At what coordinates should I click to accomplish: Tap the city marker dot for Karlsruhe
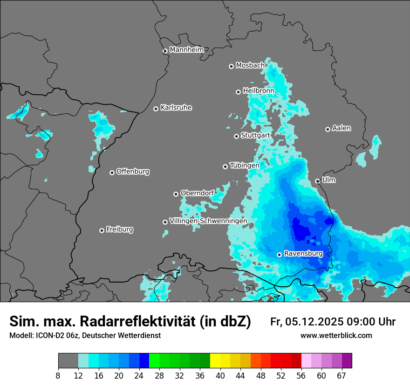[x=156, y=109]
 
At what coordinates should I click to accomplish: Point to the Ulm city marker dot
[x=318, y=181]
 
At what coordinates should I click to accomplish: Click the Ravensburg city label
[x=303, y=254]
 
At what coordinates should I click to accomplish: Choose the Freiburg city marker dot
[x=102, y=230]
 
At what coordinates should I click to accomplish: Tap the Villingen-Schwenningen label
[x=208, y=221]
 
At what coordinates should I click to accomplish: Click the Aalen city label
[x=342, y=128]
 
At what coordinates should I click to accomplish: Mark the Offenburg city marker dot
[x=112, y=173]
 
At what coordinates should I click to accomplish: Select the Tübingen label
[x=245, y=166]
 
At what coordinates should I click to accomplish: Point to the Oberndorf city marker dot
[x=176, y=194]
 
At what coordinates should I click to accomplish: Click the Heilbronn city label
[x=259, y=90]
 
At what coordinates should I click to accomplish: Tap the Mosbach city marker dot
[x=231, y=66]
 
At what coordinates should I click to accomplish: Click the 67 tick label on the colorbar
[x=342, y=375]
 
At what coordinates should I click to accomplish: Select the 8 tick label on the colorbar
[x=58, y=375]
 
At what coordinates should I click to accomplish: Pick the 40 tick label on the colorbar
[x=220, y=375]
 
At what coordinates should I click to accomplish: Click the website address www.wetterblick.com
[x=336, y=336]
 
